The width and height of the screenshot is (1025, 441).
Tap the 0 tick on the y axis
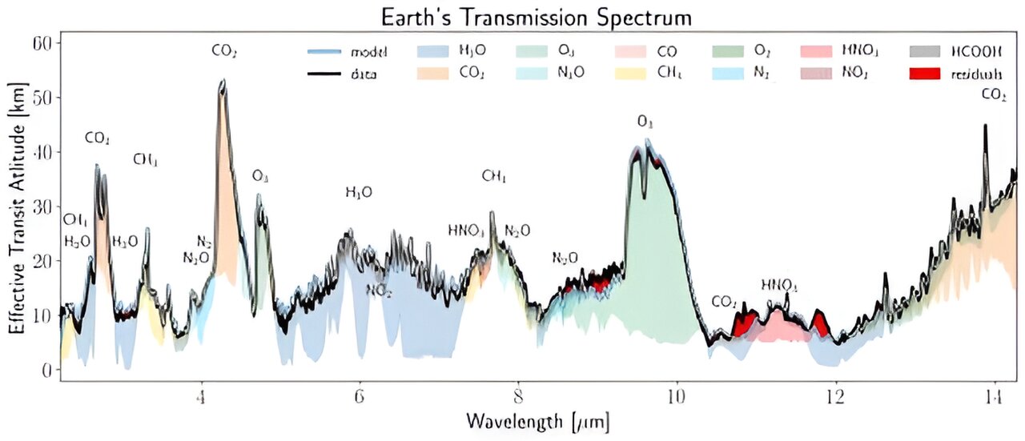pos(46,371)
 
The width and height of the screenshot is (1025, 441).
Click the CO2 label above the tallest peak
pos(224,52)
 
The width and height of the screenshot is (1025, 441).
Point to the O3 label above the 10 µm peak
pos(645,122)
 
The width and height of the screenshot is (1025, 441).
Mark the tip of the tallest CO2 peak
pos(223,81)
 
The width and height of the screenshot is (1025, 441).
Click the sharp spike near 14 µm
pos(985,126)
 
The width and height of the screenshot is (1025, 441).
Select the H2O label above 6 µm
pos(358,192)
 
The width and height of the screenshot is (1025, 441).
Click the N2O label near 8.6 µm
pos(565,258)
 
